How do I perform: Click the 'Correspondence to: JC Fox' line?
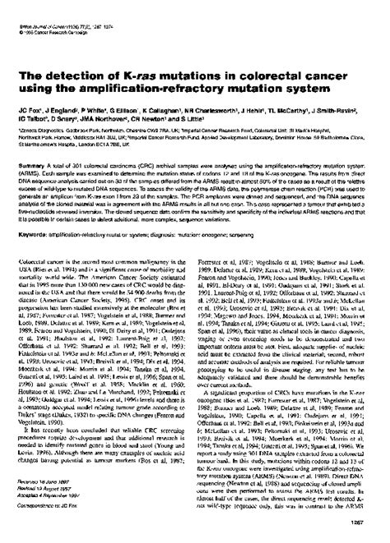[x=41, y=519]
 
